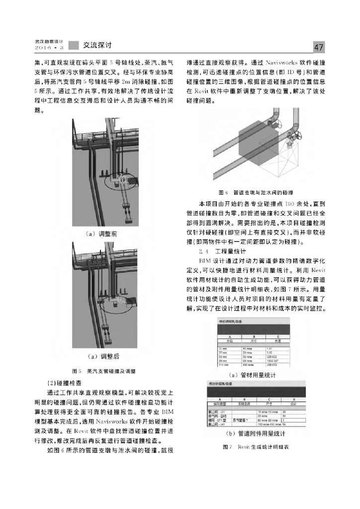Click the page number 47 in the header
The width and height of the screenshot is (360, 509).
pos(319,47)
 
